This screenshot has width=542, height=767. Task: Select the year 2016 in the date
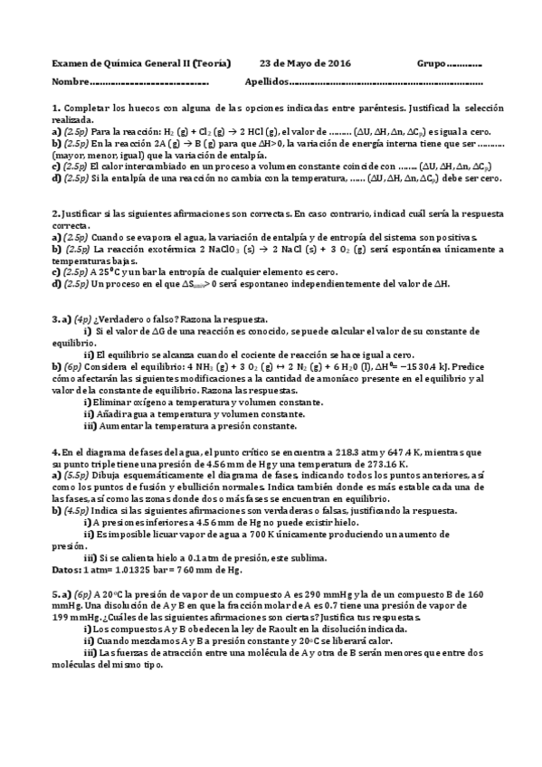[336, 63]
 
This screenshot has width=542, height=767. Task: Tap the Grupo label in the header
[432, 63]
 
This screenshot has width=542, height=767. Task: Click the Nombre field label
[71, 82]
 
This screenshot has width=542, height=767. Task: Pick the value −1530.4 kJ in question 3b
[452, 367]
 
